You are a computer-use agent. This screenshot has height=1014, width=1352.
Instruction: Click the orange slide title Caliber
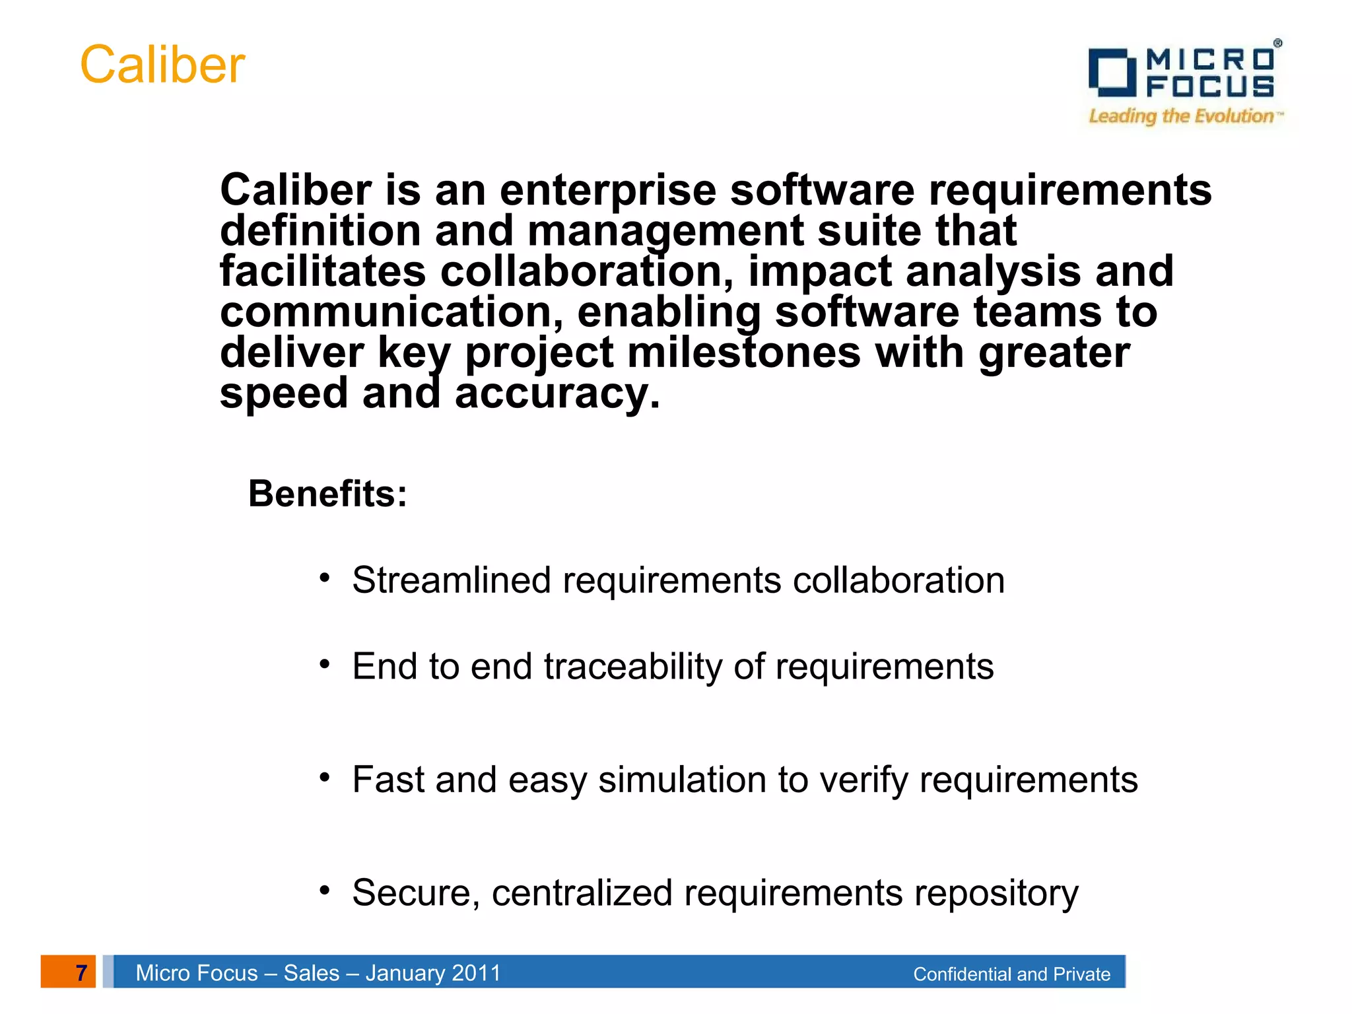tap(162, 65)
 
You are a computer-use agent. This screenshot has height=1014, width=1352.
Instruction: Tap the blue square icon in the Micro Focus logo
tap(1111, 71)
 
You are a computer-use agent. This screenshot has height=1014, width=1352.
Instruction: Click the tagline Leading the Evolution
tap(1182, 116)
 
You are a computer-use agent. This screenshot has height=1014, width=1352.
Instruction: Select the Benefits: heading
tap(327, 494)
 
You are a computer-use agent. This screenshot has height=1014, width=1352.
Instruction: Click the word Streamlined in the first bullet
tap(452, 580)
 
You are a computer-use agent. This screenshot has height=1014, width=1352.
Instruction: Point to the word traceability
tap(633, 666)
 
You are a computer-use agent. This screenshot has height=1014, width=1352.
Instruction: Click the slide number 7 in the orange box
tap(81, 972)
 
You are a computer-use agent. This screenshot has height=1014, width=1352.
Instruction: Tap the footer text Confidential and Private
tap(1011, 974)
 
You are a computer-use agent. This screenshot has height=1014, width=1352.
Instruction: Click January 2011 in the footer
tap(433, 973)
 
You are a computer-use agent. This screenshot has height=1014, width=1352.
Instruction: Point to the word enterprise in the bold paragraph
tap(607, 190)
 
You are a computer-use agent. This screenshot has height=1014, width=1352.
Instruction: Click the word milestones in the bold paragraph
tap(744, 353)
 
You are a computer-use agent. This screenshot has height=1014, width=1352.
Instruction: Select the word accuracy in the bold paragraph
tap(557, 393)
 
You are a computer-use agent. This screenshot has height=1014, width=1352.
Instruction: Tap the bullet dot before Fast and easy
tap(324, 778)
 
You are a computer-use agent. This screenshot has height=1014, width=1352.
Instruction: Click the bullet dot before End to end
tap(324, 664)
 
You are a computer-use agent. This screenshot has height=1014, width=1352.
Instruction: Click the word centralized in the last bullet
tap(582, 893)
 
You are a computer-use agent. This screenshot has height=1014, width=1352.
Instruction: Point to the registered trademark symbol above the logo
tap(1277, 43)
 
